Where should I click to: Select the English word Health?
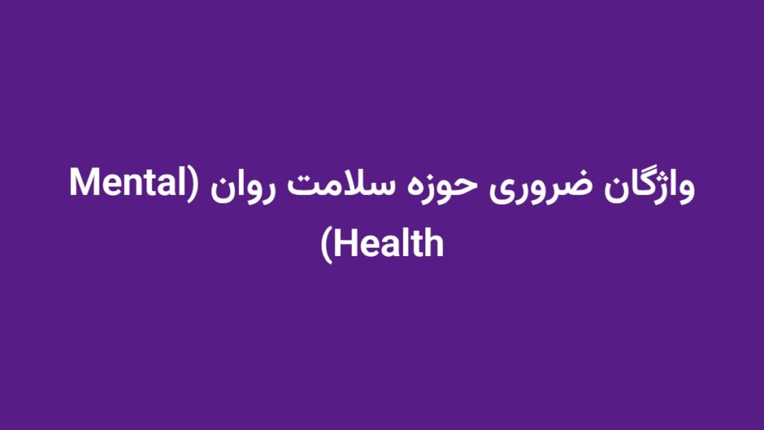[389, 243]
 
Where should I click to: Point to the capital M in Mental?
[84, 185]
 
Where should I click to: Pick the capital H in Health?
[345, 243]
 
